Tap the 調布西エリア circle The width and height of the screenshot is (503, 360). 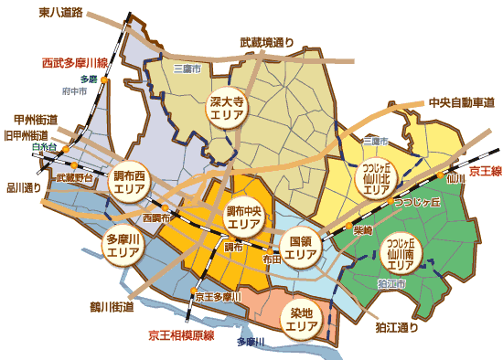point(129,183)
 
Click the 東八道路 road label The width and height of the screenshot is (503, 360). point(60,14)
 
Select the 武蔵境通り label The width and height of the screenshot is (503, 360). point(267,42)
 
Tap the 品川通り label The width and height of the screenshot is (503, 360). point(24,188)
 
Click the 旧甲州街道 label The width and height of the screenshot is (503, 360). point(27,135)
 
